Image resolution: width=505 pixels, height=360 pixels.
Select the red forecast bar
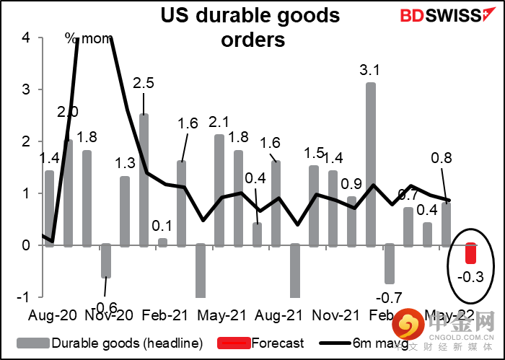click(470, 254)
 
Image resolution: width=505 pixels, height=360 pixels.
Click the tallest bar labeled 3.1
click(370, 164)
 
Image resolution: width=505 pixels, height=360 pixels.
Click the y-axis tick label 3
click(27, 89)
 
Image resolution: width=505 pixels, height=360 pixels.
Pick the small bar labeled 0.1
click(162, 242)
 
